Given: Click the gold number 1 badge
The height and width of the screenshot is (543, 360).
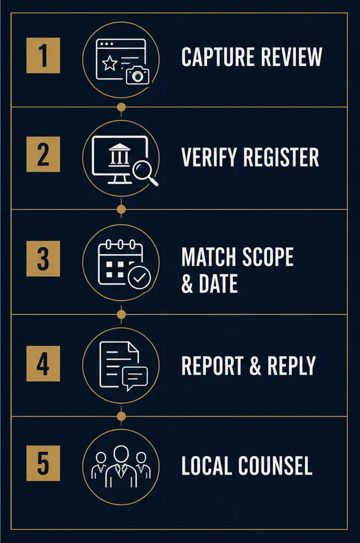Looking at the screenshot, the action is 43,56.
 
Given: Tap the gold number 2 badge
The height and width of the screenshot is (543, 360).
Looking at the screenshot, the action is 43,154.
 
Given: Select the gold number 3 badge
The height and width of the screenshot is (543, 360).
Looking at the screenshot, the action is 43,258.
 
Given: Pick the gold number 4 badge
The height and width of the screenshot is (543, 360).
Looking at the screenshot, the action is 43,363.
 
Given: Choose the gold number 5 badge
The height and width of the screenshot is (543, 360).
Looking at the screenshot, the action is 43,463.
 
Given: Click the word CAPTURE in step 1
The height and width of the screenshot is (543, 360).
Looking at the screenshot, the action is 218,57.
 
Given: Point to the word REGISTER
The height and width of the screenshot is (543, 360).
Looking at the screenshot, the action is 281,157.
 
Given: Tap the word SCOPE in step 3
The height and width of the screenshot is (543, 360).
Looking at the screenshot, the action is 268,257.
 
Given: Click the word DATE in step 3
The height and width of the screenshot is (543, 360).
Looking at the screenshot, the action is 219,283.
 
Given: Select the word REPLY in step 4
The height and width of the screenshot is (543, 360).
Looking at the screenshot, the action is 291,365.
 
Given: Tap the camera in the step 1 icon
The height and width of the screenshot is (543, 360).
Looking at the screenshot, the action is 138,75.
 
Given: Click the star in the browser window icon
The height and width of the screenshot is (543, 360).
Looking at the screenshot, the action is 110,64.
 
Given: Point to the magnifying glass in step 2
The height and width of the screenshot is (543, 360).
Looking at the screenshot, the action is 145,173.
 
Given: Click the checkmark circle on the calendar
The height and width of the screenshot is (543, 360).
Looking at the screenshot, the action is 140,277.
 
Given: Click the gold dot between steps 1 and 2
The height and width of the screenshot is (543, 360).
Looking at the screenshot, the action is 121,107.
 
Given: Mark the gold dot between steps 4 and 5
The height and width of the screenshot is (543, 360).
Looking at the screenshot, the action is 121,416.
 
